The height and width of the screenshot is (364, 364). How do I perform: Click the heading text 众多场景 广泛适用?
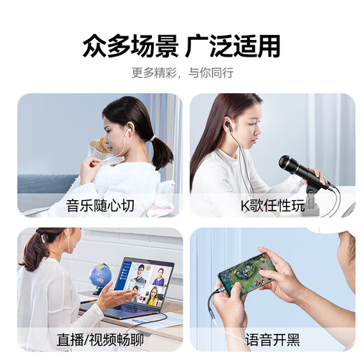click(181, 45)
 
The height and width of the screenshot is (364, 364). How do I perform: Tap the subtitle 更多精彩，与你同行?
click(182, 72)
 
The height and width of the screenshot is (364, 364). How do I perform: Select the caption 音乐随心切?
click(100, 206)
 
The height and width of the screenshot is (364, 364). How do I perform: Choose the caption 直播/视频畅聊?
click(100, 341)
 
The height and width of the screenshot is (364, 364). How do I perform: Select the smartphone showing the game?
click(244, 274)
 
